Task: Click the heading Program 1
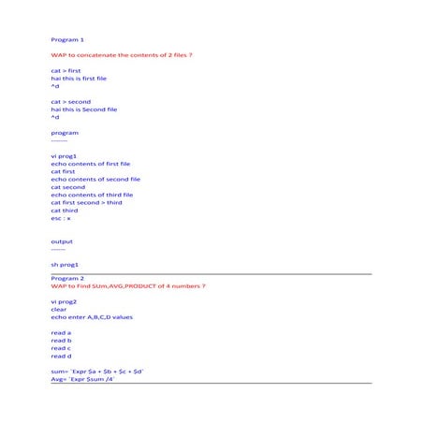67,40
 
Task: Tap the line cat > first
66,71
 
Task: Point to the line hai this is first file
79,79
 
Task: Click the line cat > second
71,101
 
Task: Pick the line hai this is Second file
84,109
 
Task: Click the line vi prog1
64,155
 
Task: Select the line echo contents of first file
91,164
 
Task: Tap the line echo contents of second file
95,179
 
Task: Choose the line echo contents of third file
92,195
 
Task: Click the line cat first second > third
86,202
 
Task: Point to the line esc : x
61,218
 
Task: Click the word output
62,241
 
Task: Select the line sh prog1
65,265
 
